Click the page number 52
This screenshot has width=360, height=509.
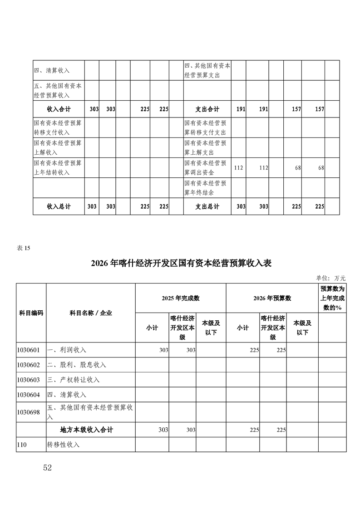(x=47, y=468)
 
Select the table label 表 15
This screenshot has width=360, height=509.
(x=23, y=248)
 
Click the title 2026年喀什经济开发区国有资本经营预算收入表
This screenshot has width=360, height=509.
(x=181, y=264)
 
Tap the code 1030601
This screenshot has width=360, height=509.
(x=29, y=350)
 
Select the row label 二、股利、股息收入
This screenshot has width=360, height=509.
(x=77, y=365)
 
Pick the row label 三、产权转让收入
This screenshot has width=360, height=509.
(x=74, y=380)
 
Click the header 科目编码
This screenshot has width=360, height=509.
(x=31, y=313)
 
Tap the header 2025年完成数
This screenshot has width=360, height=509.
(x=181, y=298)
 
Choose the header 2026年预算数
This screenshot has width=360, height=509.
(x=272, y=298)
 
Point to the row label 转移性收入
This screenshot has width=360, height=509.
(x=64, y=445)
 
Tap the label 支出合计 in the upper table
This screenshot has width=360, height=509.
(x=207, y=109)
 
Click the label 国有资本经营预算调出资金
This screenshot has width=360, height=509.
(x=205, y=167)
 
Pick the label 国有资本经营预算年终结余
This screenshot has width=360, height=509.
(x=205, y=188)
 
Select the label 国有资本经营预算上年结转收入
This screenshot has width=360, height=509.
(x=58, y=167)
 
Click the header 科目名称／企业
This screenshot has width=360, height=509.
(x=90, y=313)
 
